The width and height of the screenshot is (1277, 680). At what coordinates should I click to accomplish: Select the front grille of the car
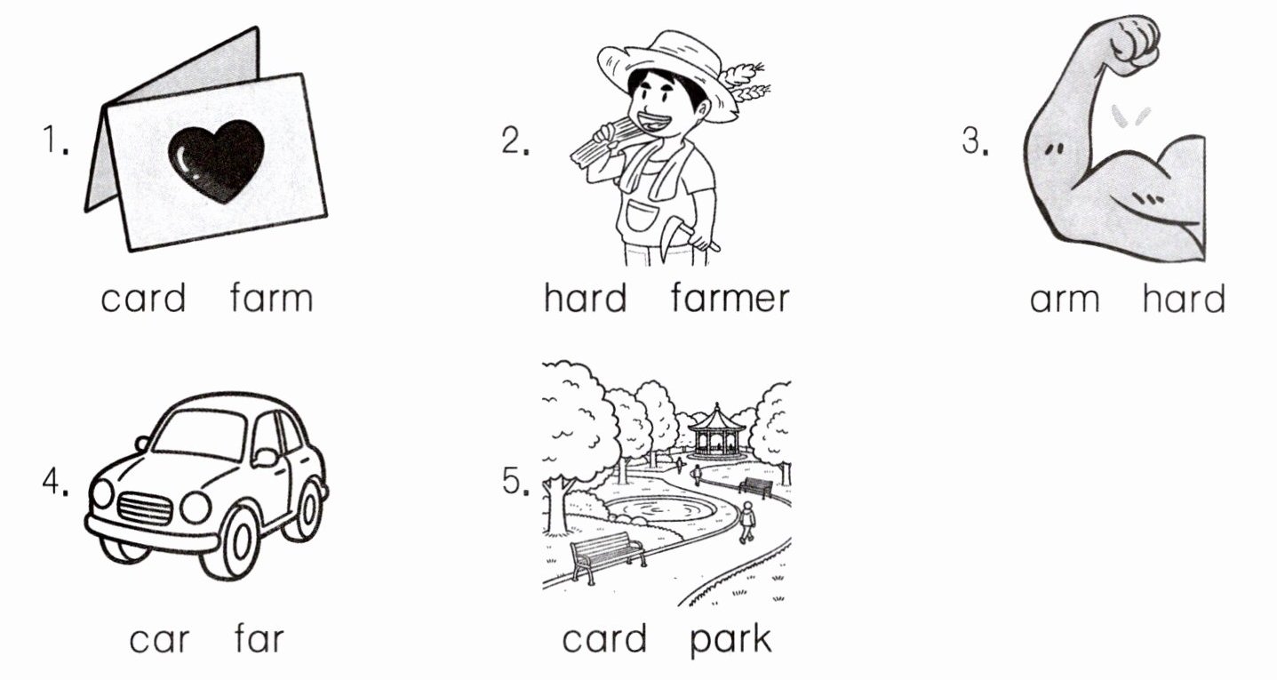pos(145,508)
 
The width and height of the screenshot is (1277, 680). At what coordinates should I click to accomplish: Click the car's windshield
pos(200,435)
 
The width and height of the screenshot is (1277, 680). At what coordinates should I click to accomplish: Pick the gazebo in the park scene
pos(716,430)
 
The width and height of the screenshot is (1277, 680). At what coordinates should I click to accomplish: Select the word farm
pos(271,298)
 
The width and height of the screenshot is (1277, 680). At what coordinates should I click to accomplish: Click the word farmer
pos(730,298)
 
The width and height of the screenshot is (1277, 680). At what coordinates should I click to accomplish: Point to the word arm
pos(1065,300)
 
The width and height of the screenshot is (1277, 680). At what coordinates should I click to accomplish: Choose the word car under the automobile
pos(159,640)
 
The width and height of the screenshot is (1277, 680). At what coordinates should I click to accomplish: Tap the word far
pos(259,638)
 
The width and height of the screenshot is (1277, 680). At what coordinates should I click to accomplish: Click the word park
pos(730,641)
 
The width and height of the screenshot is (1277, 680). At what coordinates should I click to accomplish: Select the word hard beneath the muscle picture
pos(1184,298)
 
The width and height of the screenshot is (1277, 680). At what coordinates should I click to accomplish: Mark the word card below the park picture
pos(604,638)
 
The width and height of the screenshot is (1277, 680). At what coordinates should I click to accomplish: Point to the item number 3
pos(976,140)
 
